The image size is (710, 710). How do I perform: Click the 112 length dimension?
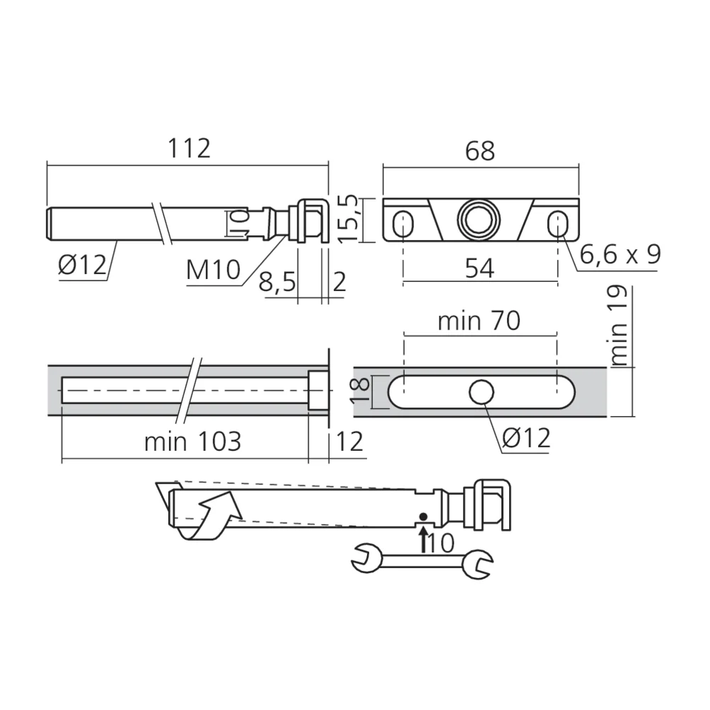[x=189, y=149]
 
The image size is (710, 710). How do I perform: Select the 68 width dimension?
[x=480, y=151]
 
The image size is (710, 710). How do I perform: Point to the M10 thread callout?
[x=213, y=270]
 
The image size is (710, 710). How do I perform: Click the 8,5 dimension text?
[x=277, y=283]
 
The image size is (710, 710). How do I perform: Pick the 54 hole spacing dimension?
[x=480, y=268]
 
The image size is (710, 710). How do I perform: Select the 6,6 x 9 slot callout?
[x=619, y=254]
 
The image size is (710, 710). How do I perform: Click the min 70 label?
[x=479, y=322]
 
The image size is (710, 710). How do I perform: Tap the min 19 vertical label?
[x=619, y=326]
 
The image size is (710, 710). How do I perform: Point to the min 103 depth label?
[x=192, y=442]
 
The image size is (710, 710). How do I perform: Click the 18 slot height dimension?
[x=361, y=391]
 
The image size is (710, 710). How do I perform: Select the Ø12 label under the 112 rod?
[x=82, y=266]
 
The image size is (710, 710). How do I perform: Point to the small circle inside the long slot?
[x=482, y=391]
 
